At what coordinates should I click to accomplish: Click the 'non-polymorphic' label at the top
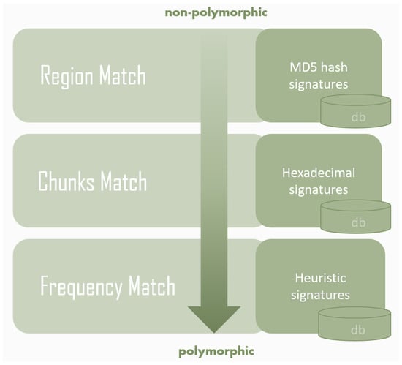pyautogui.click(x=216, y=13)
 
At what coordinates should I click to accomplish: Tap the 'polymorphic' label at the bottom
pyautogui.click(x=216, y=351)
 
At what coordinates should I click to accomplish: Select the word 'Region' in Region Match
pyautogui.click(x=67, y=76)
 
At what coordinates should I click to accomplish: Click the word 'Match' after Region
pyautogui.click(x=123, y=75)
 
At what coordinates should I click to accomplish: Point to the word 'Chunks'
pyautogui.click(x=66, y=181)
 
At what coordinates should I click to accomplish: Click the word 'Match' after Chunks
pyautogui.click(x=124, y=181)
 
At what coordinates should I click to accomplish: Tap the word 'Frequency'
pyautogui.click(x=81, y=287)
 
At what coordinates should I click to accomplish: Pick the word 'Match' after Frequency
pyautogui.click(x=152, y=286)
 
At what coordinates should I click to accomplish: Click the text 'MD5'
pyautogui.click(x=303, y=67)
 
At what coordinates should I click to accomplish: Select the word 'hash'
pyautogui.click(x=334, y=67)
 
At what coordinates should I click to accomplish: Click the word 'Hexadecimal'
pyautogui.click(x=319, y=173)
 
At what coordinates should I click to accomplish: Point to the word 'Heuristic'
pyautogui.click(x=320, y=278)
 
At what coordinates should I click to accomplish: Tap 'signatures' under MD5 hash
pyautogui.click(x=319, y=85)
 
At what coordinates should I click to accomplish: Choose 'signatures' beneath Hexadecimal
pyautogui.click(x=319, y=190)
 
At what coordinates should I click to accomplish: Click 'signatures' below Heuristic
pyautogui.click(x=320, y=296)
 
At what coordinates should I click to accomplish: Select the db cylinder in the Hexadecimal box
pyautogui.click(x=356, y=217)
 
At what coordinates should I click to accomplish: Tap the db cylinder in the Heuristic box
pyautogui.click(x=354, y=323)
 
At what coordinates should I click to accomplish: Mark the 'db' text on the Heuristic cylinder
pyautogui.click(x=358, y=330)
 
